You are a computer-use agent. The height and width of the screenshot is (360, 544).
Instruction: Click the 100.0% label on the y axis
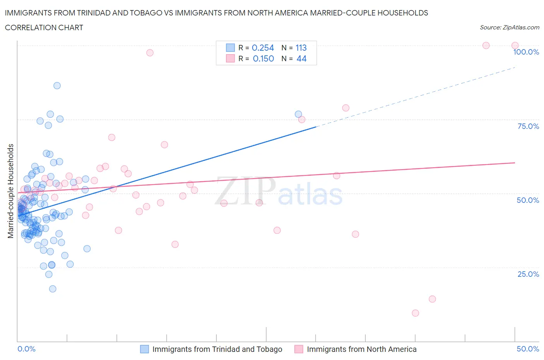click(x=526, y=52)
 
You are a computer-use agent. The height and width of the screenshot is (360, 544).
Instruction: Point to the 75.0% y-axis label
click(x=528, y=126)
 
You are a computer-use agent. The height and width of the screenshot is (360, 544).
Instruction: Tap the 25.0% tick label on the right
click(x=528, y=274)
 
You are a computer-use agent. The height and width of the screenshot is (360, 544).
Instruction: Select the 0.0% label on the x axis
click(x=27, y=349)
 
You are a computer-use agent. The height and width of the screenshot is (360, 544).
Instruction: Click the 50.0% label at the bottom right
click(x=528, y=349)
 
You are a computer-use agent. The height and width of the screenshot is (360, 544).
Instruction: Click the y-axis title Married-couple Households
click(x=11, y=191)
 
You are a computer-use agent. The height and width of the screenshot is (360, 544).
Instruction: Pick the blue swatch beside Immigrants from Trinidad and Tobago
click(x=144, y=349)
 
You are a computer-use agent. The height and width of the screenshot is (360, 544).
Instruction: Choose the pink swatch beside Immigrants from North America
click(x=299, y=349)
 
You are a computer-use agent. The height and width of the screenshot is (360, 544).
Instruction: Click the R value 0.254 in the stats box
click(x=263, y=48)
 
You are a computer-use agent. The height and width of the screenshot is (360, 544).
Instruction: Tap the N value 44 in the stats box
click(x=301, y=58)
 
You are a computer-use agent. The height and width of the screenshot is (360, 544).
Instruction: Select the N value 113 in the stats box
click(x=301, y=48)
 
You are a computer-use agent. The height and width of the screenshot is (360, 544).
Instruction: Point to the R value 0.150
click(x=263, y=58)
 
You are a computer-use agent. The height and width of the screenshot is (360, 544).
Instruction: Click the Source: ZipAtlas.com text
click(x=509, y=27)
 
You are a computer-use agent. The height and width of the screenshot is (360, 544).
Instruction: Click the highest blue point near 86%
click(x=57, y=86)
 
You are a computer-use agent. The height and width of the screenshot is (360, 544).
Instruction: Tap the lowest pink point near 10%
click(x=416, y=313)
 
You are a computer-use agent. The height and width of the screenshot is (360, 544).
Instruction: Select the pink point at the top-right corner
click(x=515, y=46)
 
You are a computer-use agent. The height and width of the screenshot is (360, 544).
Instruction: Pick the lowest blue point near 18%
click(x=53, y=289)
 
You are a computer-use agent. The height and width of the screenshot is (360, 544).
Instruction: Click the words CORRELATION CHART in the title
click(x=44, y=27)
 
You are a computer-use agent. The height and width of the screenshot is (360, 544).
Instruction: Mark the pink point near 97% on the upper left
click(x=150, y=53)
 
